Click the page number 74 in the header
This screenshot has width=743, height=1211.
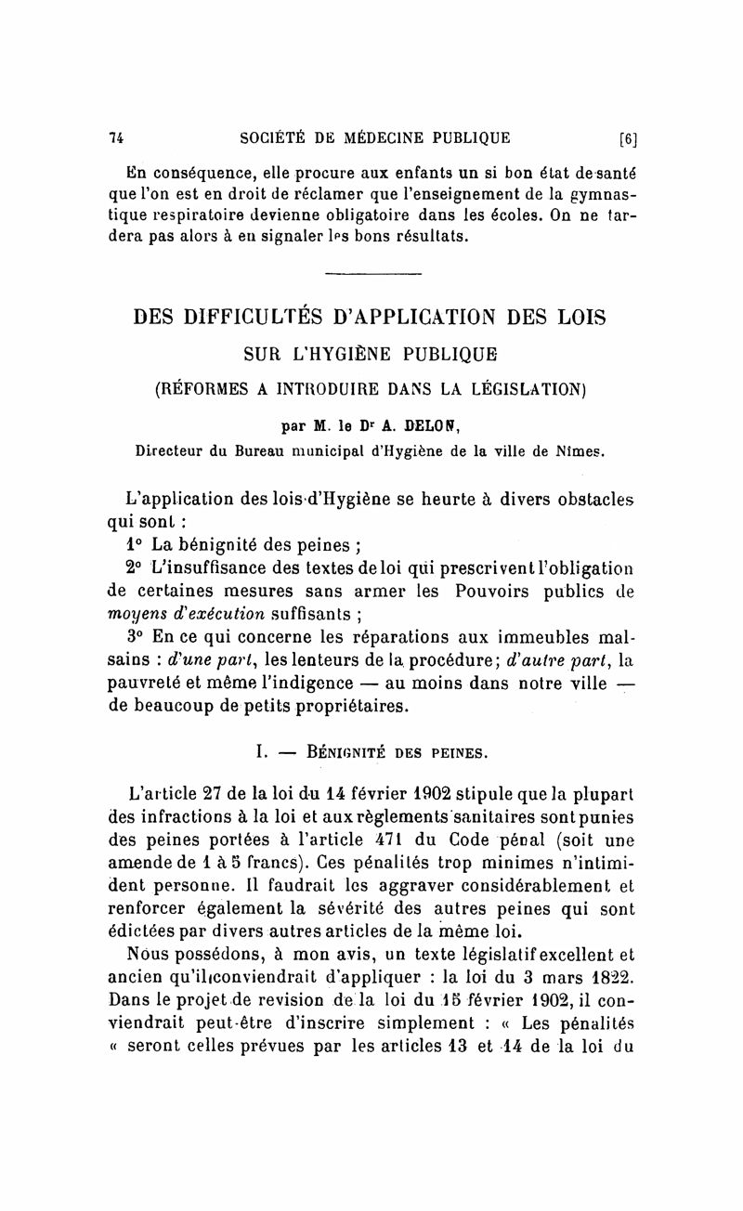[x=117, y=138]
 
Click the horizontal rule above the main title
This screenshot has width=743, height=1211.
[x=373, y=273]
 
